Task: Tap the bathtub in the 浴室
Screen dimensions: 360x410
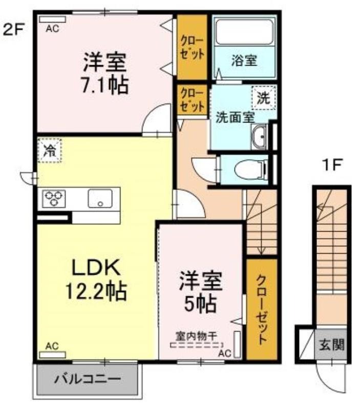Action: pyautogui.click(x=245, y=32)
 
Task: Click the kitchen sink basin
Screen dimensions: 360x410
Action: pyautogui.click(x=100, y=198)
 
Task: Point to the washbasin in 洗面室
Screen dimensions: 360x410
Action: pyautogui.click(x=259, y=137)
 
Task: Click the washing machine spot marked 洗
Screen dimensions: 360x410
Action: pyautogui.click(x=264, y=98)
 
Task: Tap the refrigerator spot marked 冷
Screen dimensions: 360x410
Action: pyautogui.click(x=50, y=150)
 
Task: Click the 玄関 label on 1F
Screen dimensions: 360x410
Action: pyautogui.click(x=332, y=345)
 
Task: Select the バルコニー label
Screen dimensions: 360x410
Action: pyautogui.click(x=88, y=378)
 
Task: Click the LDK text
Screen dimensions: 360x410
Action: pyautogui.click(x=96, y=267)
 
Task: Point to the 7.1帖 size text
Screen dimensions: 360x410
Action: pyautogui.click(x=105, y=86)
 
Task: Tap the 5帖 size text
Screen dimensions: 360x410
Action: pyautogui.click(x=201, y=304)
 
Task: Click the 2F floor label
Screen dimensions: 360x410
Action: pyautogui.click(x=13, y=30)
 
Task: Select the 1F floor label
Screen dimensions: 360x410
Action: pyautogui.click(x=331, y=165)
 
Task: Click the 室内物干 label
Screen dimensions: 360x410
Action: pyautogui.click(x=197, y=336)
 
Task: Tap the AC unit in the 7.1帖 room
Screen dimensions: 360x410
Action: pyautogui.click(x=52, y=19)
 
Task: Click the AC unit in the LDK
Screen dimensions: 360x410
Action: pyautogui.click(x=52, y=355)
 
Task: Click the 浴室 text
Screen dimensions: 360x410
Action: pyautogui.click(x=244, y=60)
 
